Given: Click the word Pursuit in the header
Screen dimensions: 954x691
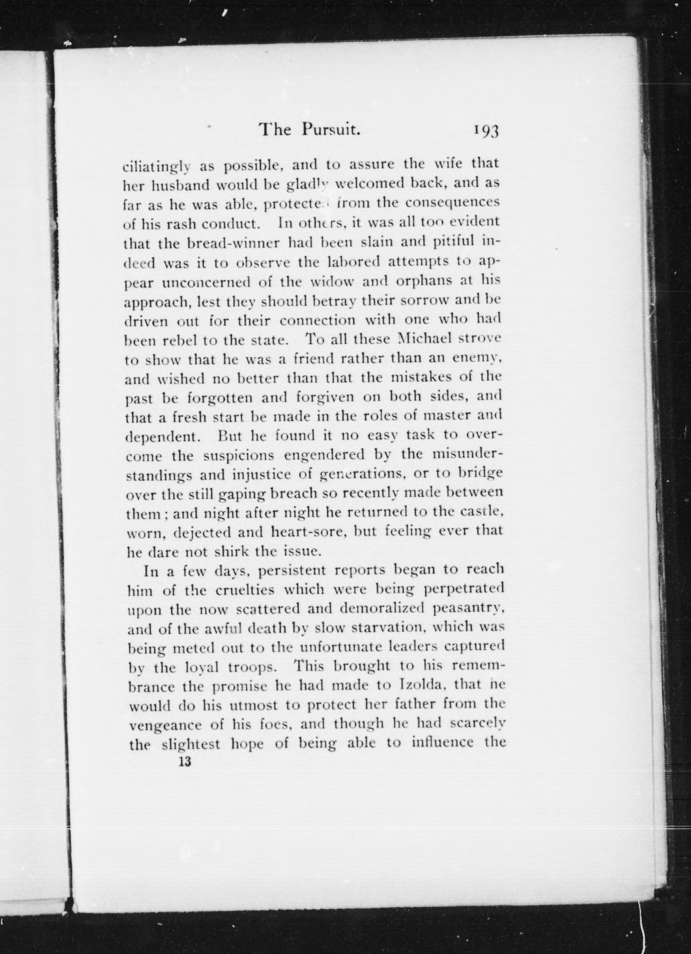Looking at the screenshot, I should point(331,130).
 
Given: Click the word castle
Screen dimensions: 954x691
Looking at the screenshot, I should point(480,513).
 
